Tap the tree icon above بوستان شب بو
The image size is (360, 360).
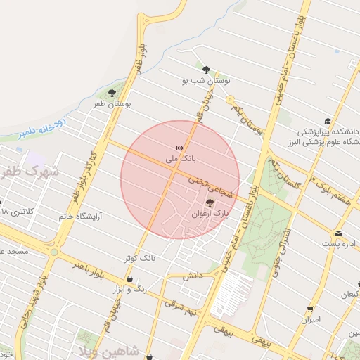click(x=206, y=70)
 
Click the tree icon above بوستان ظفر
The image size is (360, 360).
click(x=112, y=93)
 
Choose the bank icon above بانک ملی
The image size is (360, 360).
click(x=181, y=148)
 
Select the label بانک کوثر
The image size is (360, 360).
click(x=139, y=258)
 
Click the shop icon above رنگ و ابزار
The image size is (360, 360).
click(x=129, y=279)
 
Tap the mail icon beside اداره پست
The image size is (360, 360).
click(x=338, y=233)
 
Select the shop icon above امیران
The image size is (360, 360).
click(x=310, y=309)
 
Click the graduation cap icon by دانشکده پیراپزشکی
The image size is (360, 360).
click(x=327, y=121)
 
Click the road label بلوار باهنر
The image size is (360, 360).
click(x=89, y=268)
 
